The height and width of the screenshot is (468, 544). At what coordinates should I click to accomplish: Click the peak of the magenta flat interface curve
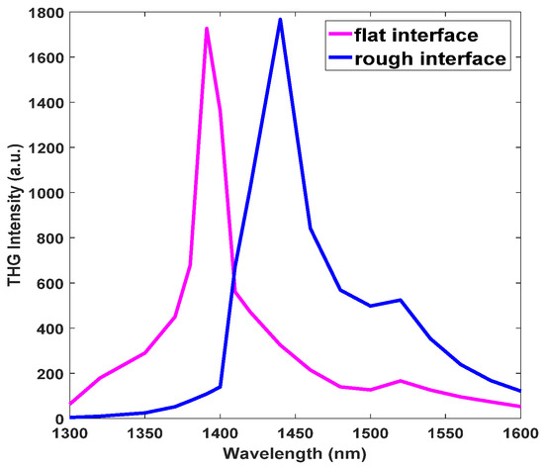click(x=206, y=29)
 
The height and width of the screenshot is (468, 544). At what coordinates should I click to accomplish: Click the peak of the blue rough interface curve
click(x=280, y=19)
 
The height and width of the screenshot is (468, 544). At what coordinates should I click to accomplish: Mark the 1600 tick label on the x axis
click(x=521, y=435)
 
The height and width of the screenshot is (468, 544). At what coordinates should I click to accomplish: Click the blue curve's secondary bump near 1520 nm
click(x=401, y=300)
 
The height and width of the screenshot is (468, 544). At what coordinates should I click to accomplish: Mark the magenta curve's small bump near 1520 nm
click(x=401, y=381)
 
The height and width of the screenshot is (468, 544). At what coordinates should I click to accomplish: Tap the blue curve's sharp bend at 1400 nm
click(x=220, y=387)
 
